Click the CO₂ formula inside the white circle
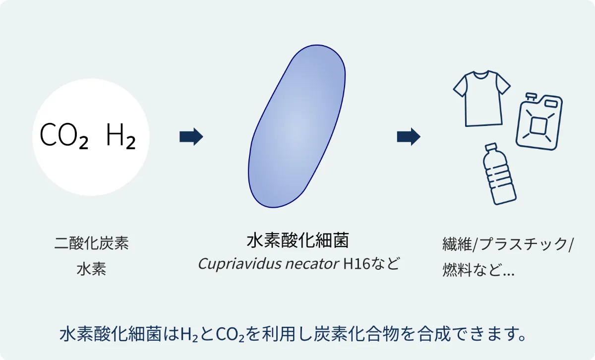(64, 135)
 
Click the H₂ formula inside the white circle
(121, 136)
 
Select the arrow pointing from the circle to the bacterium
(191, 137)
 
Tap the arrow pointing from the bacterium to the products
(409, 137)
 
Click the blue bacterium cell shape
(297, 126)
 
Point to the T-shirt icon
(482, 99)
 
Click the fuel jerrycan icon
(539, 121)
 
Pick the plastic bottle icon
(499, 174)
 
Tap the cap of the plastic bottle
(490, 147)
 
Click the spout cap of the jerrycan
(531, 96)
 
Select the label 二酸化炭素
(92, 243)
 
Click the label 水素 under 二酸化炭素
(92, 269)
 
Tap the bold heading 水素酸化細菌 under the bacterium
(298, 240)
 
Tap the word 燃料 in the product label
(457, 270)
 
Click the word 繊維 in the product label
(457, 244)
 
